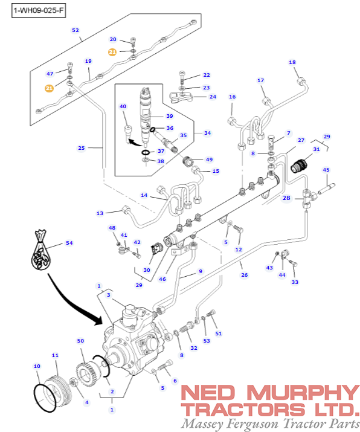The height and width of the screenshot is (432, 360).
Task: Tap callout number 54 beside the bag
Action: click(x=69, y=243)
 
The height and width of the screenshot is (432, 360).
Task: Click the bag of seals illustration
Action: click(x=41, y=254)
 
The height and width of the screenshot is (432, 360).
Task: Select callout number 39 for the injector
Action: click(x=169, y=116)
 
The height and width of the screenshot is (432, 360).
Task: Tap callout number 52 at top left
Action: click(x=76, y=30)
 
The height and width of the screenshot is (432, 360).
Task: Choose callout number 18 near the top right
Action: click(x=292, y=62)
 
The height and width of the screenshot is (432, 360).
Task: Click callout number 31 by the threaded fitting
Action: click(x=316, y=150)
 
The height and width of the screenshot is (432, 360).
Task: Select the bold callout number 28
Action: click(x=287, y=198)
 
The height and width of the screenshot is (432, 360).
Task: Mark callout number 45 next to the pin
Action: click(x=326, y=170)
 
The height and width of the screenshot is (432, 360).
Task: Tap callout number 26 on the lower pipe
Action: click(x=244, y=275)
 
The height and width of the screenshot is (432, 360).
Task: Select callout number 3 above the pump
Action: click(x=108, y=295)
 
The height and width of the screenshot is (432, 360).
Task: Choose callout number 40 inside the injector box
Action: click(x=123, y=107)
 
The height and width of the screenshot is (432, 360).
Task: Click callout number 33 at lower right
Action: click(x=295, y=282)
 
